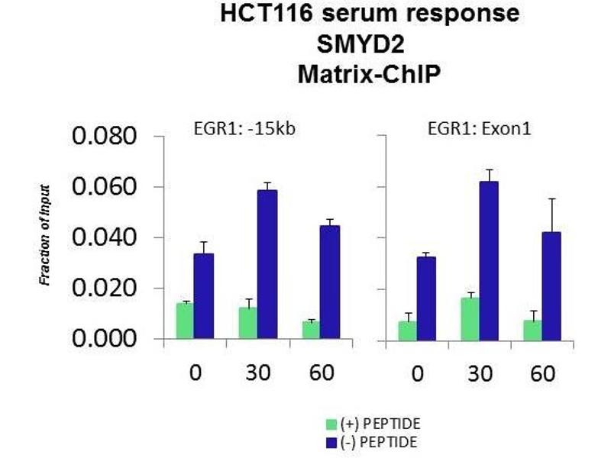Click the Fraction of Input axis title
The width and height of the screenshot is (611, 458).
tap(45, 235)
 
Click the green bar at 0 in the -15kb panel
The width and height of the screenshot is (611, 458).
tap(185, 321)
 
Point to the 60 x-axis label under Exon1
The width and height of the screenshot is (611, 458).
tap(541, 375)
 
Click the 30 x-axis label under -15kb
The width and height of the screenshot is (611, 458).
tap(257, 375)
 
